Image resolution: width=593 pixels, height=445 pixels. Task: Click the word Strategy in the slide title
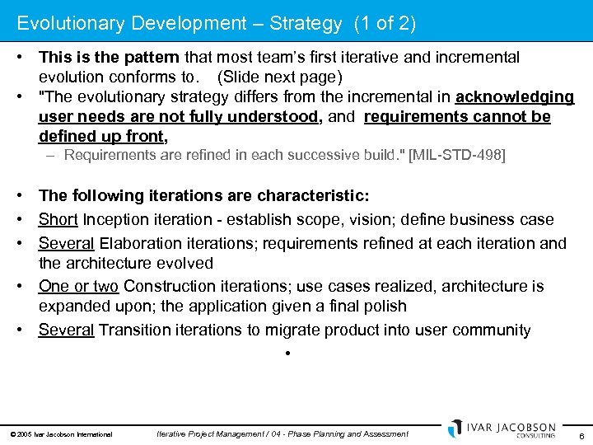(x=304, y=24)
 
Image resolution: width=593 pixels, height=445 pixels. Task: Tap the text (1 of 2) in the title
(x=385, y=24)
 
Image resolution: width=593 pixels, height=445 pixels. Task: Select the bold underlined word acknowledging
(x=515, y=97)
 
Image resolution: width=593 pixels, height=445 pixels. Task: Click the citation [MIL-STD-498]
(x=457, y=155)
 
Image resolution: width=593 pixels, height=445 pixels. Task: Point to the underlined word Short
(x=58, y=220)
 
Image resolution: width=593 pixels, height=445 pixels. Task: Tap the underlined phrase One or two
(x=79, y=286)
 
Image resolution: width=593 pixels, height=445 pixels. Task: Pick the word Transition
(x=133, y=330)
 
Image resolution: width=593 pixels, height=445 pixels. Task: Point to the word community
(x=491, y=330)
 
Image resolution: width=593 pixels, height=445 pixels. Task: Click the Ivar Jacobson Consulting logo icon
(x=455, y=429)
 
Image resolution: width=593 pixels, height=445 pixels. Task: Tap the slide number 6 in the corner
(x=581, y=435)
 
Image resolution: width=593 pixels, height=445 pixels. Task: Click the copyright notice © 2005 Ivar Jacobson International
(x=63, y=434)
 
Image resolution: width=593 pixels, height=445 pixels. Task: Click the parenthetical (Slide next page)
(x=280, y=77)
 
